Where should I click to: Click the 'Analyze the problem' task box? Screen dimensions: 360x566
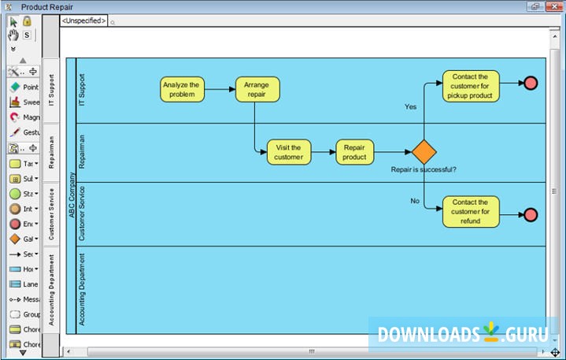coord(182,89)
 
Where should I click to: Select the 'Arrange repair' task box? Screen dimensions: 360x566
coord(257,89)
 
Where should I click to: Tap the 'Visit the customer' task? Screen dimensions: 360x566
coord(289,152)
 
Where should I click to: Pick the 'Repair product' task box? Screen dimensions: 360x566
coord(355,152)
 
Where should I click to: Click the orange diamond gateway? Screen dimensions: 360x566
coord(424,151)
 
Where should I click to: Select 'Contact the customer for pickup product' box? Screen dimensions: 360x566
coord(471,87)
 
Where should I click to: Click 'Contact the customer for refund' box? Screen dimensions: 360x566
coord(471,212)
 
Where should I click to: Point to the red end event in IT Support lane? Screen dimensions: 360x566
coord(531,84)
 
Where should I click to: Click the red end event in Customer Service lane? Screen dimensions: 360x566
coord(531,214)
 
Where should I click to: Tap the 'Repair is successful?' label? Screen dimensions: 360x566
coord(424,169)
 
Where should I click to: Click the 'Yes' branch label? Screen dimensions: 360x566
coord(410,106)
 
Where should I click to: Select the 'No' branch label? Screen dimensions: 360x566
coord(415,201)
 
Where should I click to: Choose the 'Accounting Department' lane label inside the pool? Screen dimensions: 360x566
coord(83,288)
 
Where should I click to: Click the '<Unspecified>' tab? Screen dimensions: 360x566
coord(82,21)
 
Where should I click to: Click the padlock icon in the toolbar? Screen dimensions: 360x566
coord(27,21)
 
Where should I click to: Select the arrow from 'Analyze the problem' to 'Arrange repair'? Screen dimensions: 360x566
coord(220,89)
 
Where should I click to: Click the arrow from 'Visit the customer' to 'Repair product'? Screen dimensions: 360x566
coord(324,152)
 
